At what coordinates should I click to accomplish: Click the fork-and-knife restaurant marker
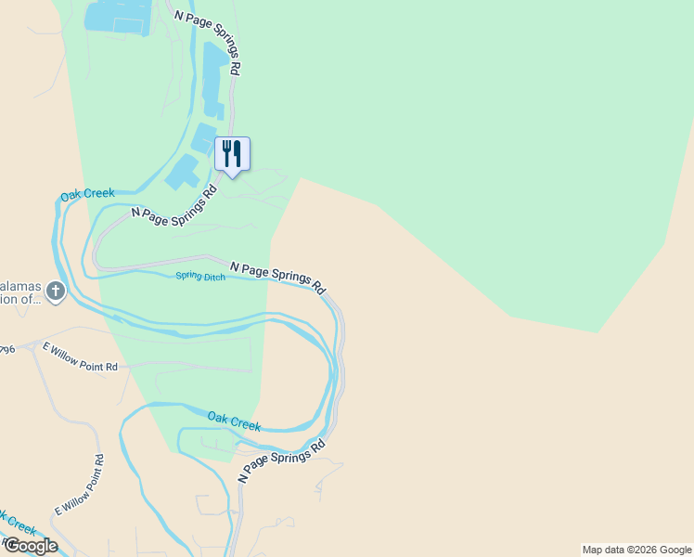pyautogui.click(x=233, y=154)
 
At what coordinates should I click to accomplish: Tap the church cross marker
pyautogui.click(x=56, y=292)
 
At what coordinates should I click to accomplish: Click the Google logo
pyautogui.click(x=31, y=546)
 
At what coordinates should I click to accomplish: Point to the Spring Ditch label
pyautogui.click(x=201, y=277)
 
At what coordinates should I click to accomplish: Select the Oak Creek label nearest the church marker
pyautogui.click(x=87, y=195)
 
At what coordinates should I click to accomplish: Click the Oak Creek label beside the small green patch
pyautogui.click(x=234, y=421)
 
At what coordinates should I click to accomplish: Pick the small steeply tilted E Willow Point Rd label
pyautogui.click(x=79, y=486)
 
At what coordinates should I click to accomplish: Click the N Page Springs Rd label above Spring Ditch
pyautogui.click(x=277, y=277)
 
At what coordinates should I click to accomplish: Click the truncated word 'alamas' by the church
pyautogui.click(x=21, y=286)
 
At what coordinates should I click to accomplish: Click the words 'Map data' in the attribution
pyautogui.click(x=604, y=550)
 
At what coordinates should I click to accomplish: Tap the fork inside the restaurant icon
pyautogui.click(x=225, y=152)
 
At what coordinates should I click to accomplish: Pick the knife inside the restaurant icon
pyautogui.click(x=238, y=152)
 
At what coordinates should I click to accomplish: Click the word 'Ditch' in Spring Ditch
pyautogui.click(x=212, y=278)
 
